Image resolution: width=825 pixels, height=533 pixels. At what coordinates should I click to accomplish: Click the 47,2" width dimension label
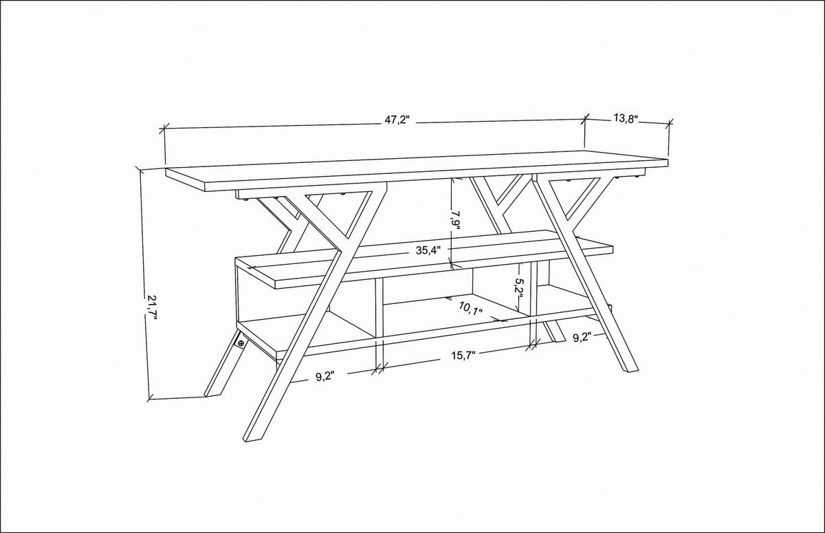[x=397, y=120]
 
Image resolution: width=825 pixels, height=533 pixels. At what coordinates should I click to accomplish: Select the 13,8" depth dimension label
[x=626, y=118]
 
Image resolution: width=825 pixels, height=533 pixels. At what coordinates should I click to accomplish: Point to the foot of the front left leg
[x=252, y=437]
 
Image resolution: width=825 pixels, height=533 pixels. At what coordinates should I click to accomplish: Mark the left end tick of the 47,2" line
[x=164, y=129]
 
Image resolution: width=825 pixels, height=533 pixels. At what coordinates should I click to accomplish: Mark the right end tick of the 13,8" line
[x=670, y=124]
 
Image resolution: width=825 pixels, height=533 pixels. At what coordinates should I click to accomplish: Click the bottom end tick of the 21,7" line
[x=151, y=398]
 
